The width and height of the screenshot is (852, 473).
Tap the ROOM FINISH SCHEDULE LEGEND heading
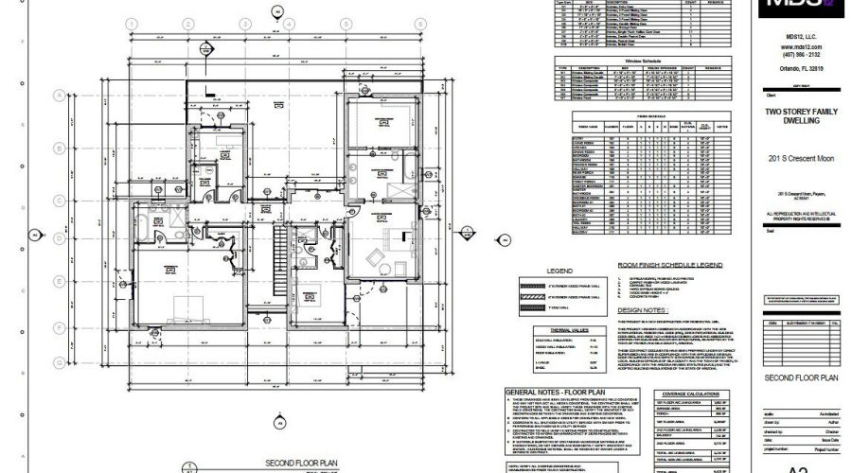click(x=669, y=266)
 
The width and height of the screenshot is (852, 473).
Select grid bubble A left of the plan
click(x=59, y=96)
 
